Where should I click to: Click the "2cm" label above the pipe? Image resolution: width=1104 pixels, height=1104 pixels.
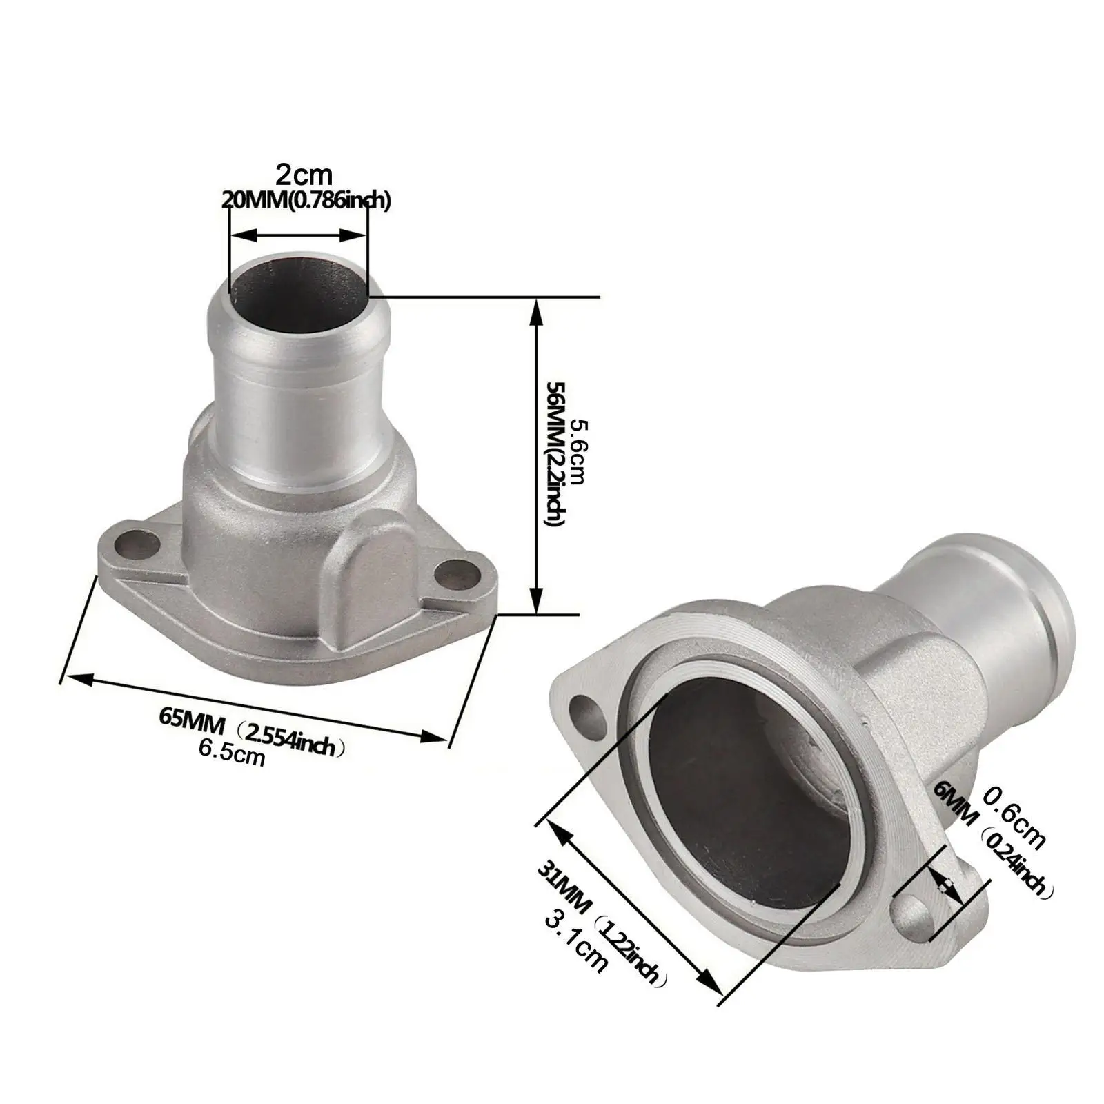click(x=304, y=172)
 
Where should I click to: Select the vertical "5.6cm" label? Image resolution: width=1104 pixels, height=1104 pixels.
click(x=575, y=453)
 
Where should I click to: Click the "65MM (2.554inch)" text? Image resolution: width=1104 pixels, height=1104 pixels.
click(x=252, y=731)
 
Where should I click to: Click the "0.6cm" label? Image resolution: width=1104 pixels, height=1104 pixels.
click(x=1014, y=821)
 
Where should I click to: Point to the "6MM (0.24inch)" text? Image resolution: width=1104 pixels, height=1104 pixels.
click(x=994, y=842)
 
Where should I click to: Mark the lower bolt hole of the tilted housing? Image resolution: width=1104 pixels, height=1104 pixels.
click(x=912, y=914)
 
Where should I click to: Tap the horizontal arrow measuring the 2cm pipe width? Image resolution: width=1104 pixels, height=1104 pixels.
click(x=297, y=235)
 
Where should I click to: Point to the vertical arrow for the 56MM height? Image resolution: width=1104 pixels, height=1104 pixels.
click(x=537, y=455)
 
